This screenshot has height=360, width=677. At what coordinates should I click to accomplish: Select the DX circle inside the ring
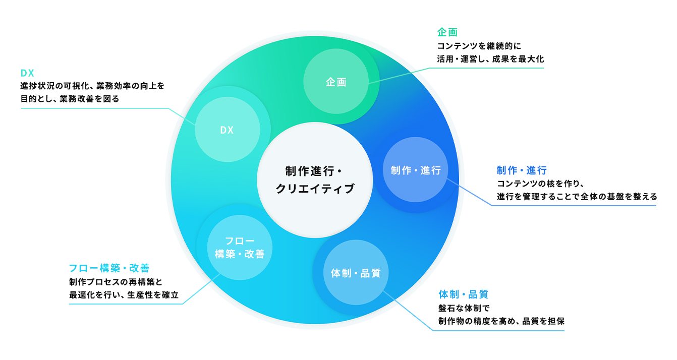click(x=227, y=130)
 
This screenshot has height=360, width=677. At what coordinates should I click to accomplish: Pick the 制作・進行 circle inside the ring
click(x=416, y=170)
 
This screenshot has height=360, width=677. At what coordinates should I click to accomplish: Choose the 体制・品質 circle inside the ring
click(x=356, y=273)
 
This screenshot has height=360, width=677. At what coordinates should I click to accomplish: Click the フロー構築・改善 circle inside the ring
click(x=240, y=248)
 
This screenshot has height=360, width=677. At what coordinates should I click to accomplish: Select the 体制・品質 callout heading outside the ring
click(x=463, y=294)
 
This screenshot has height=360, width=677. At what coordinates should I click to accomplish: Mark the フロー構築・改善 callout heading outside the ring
click(x=109, y=268)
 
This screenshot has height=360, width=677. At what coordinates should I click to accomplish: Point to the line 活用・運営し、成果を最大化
click(x=490, y=58)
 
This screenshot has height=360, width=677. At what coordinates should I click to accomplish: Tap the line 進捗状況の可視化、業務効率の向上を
click(x=92, y=86)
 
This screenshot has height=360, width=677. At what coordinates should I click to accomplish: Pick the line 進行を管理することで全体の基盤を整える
click(x=577, y=196)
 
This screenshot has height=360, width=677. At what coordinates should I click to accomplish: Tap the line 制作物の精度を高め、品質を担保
click(x=501, y=320)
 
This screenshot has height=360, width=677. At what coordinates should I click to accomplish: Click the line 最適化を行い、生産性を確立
click(x=124, y=294)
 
